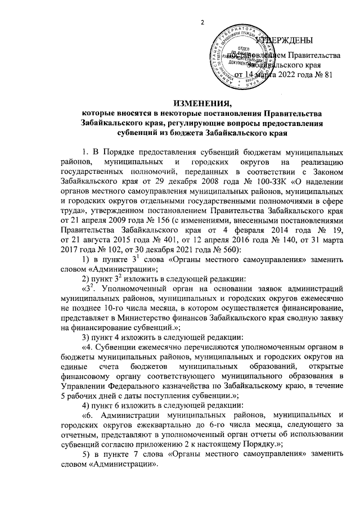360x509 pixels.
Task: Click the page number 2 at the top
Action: click(x=202, y=22)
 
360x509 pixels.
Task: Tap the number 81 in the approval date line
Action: click(x=335, y=74)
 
